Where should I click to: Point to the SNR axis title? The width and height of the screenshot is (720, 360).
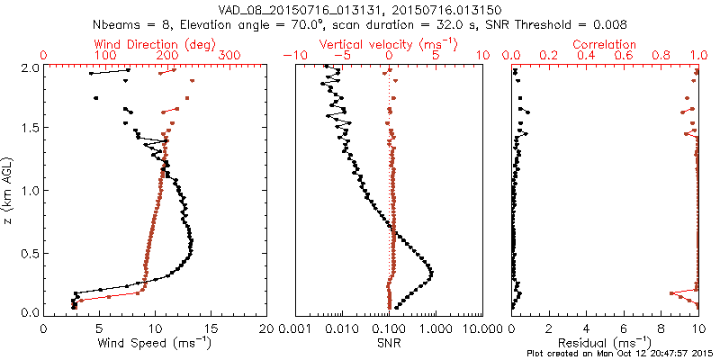point(389,343)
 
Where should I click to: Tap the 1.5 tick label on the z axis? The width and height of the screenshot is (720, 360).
point(29,129)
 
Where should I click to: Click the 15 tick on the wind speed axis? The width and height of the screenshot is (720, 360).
point(211,329)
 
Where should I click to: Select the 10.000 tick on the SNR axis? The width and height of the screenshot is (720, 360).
point(481,329)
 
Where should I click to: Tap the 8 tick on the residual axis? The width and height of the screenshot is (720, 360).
point(661,329)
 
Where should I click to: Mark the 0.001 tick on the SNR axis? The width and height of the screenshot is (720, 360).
point(296,329)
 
